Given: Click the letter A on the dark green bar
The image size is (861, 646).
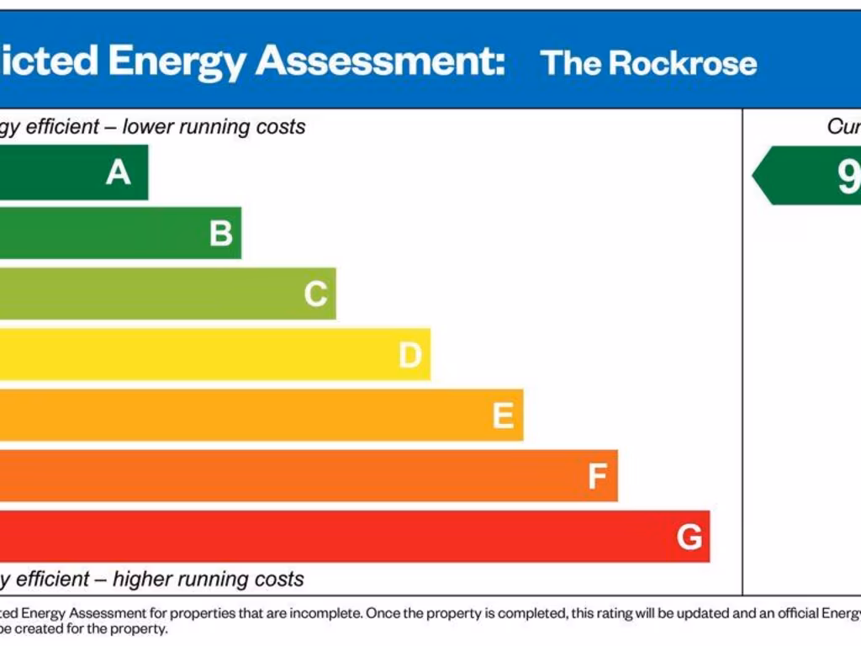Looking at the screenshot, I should (x=119, y=172).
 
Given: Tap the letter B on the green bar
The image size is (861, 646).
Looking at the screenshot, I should (x=221, y=233).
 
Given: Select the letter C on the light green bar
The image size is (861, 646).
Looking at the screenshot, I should (x=315, y=294).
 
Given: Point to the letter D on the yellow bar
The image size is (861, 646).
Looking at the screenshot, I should (x=409, y=355).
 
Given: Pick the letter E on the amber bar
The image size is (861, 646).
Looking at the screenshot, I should (x=503, y=416).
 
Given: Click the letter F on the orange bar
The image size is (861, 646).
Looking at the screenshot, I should (x=597, y=477).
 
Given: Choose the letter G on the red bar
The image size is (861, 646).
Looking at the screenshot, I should (x=689, y=537).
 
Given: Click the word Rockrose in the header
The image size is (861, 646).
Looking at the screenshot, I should (x=682, y=63).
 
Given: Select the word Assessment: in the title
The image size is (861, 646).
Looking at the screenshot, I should (x=381, y=61).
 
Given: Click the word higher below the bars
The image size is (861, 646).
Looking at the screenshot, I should (x=145, y=579).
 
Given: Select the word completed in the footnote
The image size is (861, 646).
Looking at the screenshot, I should (x=528, y=613).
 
